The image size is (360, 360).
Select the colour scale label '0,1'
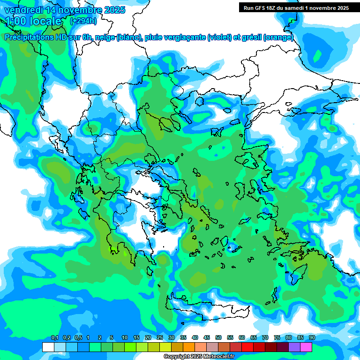[54, 338]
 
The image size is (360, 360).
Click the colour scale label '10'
[125, 338]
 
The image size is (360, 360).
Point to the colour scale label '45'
[207, 338]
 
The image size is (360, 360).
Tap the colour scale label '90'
[312, 338]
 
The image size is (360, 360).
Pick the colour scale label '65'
[254, 338]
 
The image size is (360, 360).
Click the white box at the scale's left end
[48, 347]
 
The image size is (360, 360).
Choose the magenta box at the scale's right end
[306, 347]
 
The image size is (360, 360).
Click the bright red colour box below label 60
[247, 347]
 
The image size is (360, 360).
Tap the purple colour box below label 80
[294, 347]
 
